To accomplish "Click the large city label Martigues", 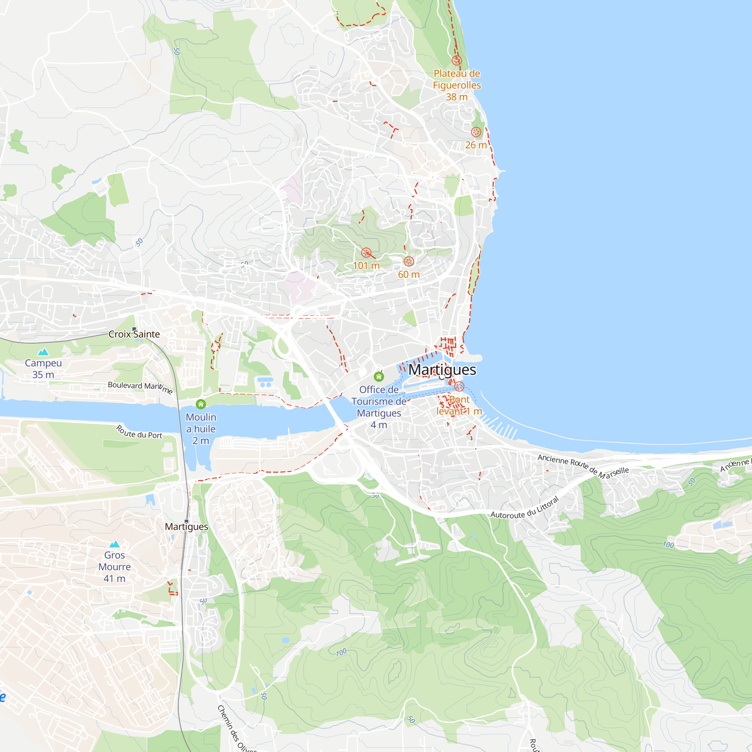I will coord(442,370).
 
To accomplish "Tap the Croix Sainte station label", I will coord(134,334).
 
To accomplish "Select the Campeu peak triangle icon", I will coord(43,352).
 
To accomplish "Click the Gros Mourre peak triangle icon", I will coord(114,544).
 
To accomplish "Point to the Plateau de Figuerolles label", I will coord(457,79).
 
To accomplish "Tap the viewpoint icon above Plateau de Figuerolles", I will coord(457,60).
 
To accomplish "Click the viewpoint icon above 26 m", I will coord(476,132).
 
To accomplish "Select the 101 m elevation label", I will coord(366,265).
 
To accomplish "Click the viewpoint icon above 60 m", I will coord(409,261).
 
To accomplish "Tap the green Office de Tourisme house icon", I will coord(379,376).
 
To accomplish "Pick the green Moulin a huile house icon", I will coord(201,404).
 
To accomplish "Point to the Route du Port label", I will coord(139,432).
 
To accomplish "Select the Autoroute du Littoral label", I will coord(524,508).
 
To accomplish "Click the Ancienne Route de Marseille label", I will coord(583,465).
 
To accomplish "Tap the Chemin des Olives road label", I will coord(236,729).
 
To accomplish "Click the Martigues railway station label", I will coord(186,527).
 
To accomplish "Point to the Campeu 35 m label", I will coord(43,368).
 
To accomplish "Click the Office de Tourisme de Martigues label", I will coord(379,407).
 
